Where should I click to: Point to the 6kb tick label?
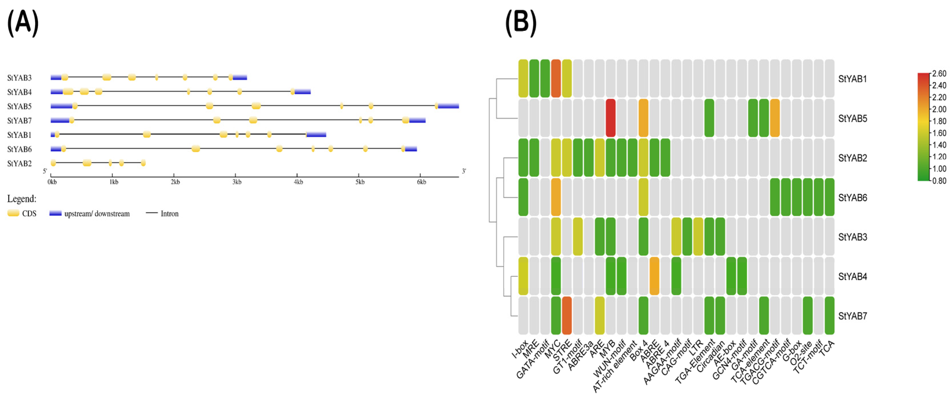[x=422, y=182]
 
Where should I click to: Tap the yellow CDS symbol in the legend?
[x=13, y=213]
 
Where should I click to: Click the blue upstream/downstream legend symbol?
[x=55, y=213]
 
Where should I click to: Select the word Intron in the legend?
[x=169, y=214]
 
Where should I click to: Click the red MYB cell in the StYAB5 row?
[x=611, y=118]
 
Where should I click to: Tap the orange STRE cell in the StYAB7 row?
[x=567, y=315]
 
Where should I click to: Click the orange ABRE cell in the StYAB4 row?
[x=654, y=276]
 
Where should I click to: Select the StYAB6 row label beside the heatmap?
[x=853, y=198]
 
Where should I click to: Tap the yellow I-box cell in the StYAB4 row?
[x=523, y=276]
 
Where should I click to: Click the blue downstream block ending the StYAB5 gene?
[x=448, y=106]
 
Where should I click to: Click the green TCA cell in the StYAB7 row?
[x=829, y=315]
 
